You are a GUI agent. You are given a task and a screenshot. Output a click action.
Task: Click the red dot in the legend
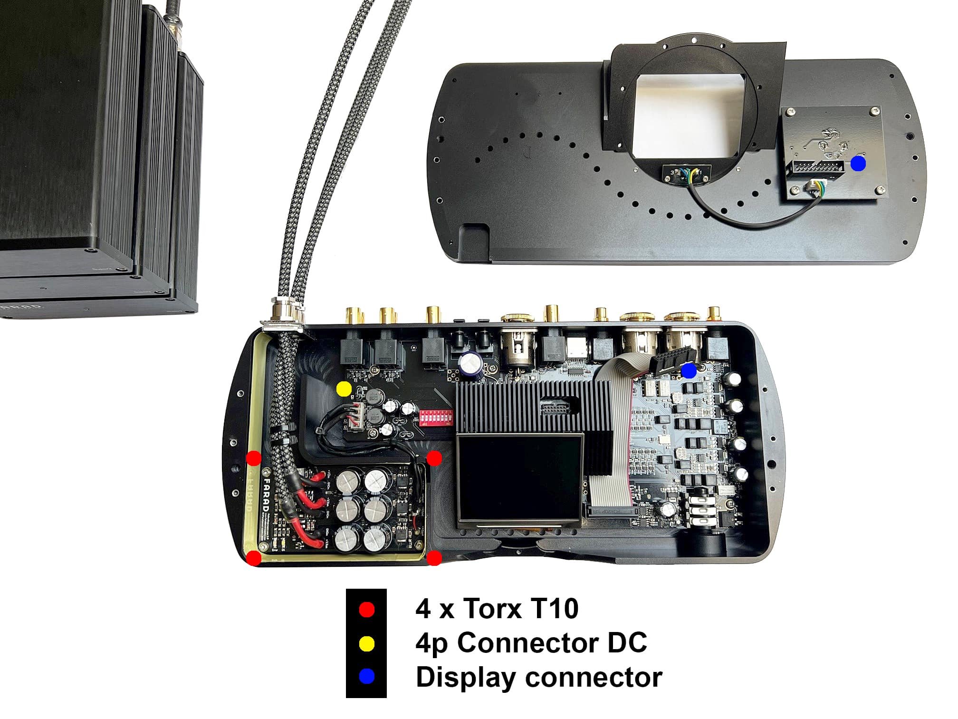(x=366, y=610)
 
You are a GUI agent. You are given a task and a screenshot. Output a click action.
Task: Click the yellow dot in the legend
(x=366, y=644)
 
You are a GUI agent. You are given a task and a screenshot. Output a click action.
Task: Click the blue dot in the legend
(x=366, y=677)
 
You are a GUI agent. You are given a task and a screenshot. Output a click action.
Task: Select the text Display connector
(x=538, y=677)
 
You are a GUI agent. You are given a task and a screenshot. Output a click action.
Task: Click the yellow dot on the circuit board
(x=344, y=389)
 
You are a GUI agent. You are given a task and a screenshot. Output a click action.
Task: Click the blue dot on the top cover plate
(x=858, y=164)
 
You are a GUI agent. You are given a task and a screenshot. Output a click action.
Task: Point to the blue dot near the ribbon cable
(x=689, y=370)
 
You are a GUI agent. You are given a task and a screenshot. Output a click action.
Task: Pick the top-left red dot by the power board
(x=254, y=458)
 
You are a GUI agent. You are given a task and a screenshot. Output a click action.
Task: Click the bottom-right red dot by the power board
(x=434, y=558)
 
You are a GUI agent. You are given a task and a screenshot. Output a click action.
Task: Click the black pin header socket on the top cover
(x=816, y=167)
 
